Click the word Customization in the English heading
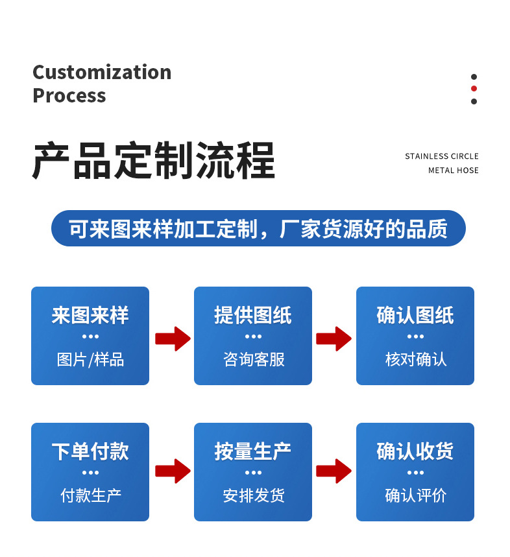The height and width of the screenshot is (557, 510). click(x=102, y=72)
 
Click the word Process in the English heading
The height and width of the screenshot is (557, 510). click(x=69, y=95)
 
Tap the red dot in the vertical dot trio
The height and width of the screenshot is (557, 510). click(x=474, y=89)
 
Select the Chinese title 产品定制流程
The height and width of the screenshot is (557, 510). click(x=154, y=160)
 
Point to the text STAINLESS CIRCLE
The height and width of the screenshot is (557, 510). click(x=442, y=156)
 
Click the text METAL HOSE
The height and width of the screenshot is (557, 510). click(x=454, y=171)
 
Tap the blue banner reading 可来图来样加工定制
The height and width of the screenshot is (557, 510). click(x=258, y=229)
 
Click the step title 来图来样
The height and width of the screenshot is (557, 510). click(x=90, y=316)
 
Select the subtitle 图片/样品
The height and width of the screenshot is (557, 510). click(x=90, y=359)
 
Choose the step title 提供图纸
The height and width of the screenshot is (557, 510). click(x=253, y=316)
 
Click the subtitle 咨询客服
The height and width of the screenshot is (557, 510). click(x=253, y=359)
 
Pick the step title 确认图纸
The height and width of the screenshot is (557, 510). click(x=415, y=316)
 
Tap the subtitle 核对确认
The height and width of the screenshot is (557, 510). click(x=415, y=359)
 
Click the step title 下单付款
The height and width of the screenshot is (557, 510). click(x=90, y=452)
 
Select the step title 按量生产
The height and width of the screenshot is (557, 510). click(x=253, y=452)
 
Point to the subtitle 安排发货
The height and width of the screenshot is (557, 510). click(x=253, y=496)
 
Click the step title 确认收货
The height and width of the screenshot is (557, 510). click(x=415, y=452)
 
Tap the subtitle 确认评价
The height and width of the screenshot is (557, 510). click(x=415, y=496)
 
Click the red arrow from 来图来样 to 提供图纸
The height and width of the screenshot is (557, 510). click(x=173, y=338)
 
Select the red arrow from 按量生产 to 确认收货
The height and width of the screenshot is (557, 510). click(x=334, y=471)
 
